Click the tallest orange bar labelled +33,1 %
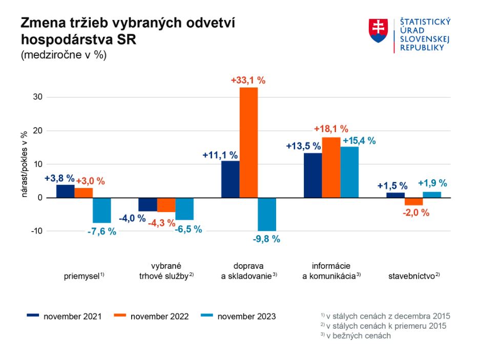(x=248, y=142)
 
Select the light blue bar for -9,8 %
(x=267, y=214)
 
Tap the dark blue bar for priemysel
(x=65, y=191)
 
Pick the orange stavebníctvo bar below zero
(x=413, y=201)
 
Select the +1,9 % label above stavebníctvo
(x=432, y=183)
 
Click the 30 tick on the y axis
(x=37, y=97)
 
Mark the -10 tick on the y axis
(x=35, y=231)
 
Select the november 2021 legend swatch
(x=33, y=316)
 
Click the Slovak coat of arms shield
(x=378, y=30)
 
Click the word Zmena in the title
(x=43, y=24)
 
